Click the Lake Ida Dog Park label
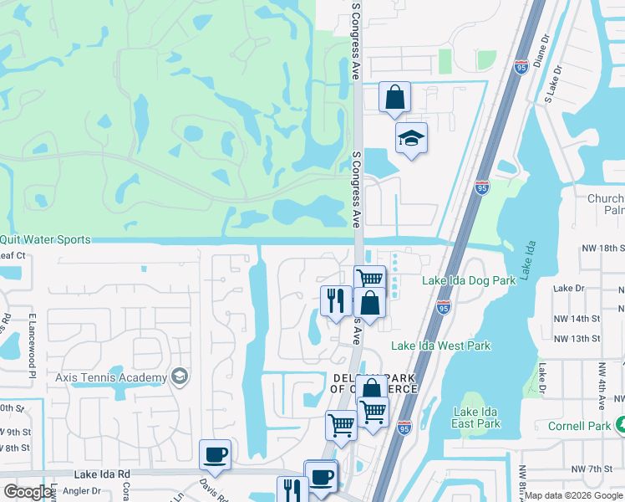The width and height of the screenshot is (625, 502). click(469, 281)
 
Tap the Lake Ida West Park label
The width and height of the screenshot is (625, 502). click(441, 346)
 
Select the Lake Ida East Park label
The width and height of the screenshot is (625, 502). click(476, 417)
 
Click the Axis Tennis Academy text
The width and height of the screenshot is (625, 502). click(111, 377)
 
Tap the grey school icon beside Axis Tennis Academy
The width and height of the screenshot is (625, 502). click(178, 377)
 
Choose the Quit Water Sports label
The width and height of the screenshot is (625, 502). click(50, 240)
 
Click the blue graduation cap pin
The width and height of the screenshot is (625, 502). click(410, 138)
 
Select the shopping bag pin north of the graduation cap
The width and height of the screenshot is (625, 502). click(394, 96)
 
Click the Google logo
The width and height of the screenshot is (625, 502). click(27, 492)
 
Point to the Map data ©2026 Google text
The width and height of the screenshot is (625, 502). click(572, 495)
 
